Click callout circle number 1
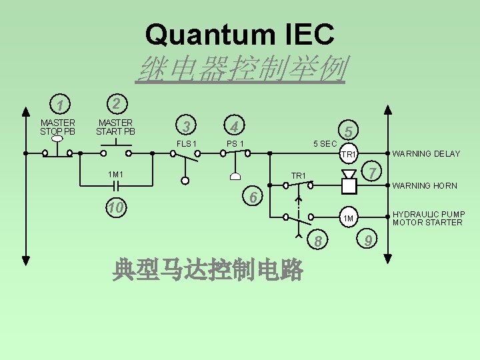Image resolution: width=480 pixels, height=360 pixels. coord(60,105)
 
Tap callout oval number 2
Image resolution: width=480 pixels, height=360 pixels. coord(115,104)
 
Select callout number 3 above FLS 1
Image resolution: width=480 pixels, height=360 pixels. coord(187,126)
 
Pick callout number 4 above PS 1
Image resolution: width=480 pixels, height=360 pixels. coord(233,125)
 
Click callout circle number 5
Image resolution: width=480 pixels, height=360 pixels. coord(349,131)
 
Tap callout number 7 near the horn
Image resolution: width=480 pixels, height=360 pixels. coord(373,173)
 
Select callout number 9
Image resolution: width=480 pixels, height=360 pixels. coord(369,239)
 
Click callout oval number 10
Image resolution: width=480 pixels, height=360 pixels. coord(116,208)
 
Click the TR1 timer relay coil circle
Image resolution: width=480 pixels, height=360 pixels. coord(349,155)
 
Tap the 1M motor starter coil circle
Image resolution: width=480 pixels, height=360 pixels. coord(349,218)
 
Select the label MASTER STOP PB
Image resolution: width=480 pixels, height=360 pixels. coord(58,127)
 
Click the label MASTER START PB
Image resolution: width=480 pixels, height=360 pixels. coord(115,127)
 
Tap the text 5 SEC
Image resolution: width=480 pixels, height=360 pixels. coord(325,144)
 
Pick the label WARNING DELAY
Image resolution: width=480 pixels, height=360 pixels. coord(426,154)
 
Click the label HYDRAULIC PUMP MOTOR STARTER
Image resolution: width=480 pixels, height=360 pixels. coord(429,218)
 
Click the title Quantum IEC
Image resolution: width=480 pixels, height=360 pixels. coord(240,35)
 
